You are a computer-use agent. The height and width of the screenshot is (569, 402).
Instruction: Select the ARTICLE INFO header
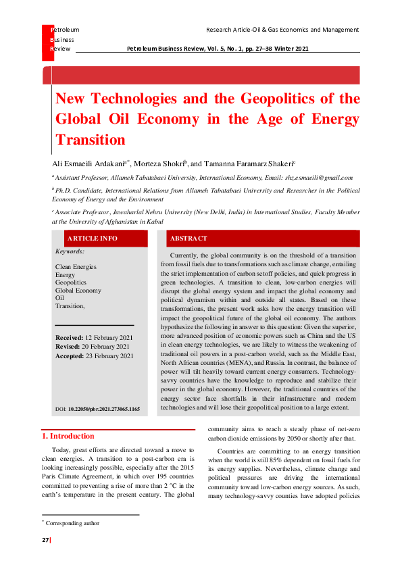pyautogui.click(x=92, y=239)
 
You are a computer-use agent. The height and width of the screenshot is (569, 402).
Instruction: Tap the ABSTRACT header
pyautogui.click(x=189, y=239)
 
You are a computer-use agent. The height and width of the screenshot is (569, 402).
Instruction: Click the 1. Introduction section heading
pyautogui.click(x=68, y=436)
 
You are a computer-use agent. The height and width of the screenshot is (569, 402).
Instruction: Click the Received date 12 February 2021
pyautogui.click(x=108, y=337)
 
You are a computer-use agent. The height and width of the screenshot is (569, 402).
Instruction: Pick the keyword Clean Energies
pyautogui.click(x=76, y=267)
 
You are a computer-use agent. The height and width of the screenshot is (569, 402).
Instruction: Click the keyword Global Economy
pyautogui.click(x=78, y=290)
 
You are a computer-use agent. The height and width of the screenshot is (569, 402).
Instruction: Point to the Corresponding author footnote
pyautogui.click(x=72, y=523)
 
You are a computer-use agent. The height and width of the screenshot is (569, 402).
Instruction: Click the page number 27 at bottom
pyautogui.click(x=46, y=540)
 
